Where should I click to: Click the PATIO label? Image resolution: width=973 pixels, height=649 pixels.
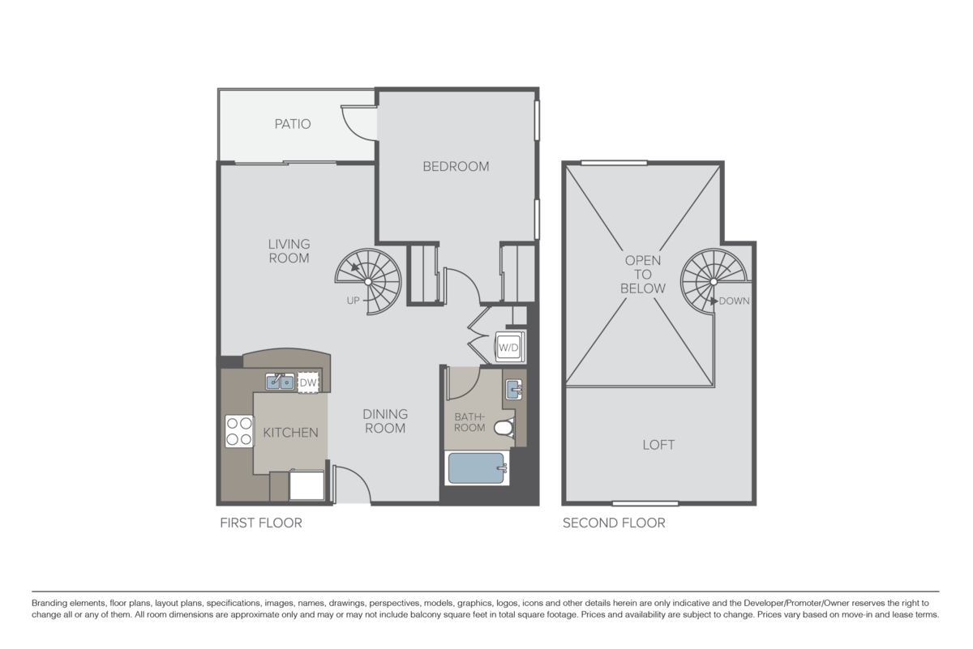point(293,125)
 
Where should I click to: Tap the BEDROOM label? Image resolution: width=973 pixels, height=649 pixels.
point(456,167)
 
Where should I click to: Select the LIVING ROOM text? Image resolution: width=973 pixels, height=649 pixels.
point(289,251)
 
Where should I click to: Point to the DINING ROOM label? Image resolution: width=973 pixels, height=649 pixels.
point(385,421)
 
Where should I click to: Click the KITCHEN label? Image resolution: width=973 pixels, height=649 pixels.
point(290,433)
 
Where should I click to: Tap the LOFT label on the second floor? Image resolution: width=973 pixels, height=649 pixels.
point(658,445)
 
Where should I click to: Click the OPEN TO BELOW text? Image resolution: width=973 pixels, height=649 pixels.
point(643,275)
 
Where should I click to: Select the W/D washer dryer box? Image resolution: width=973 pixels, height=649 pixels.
point(508,348)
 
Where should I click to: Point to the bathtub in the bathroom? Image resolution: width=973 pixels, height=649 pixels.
point(477,469)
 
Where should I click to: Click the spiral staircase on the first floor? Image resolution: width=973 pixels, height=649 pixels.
point(370,280)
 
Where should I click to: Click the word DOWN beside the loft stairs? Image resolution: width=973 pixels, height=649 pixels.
point(733,301)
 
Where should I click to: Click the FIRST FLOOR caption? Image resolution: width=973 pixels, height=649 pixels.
point(261,524)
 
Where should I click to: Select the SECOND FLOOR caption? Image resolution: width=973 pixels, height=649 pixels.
point(614,524)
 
